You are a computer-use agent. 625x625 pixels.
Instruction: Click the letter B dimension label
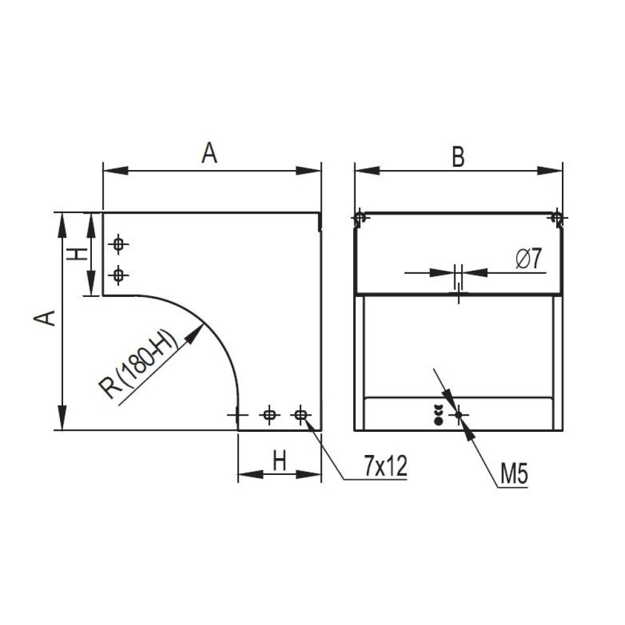tap(458, 156)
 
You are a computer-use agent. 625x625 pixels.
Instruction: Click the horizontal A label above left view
tap(209, 152)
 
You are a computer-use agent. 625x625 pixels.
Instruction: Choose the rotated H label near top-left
tap(76, 254)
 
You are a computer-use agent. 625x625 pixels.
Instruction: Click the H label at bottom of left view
tap(279, 461)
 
